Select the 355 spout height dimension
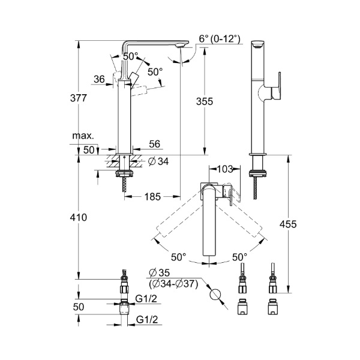205,101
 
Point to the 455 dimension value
288,224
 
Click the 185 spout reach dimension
153,196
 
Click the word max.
82,136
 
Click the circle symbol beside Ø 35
215,295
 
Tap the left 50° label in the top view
178,257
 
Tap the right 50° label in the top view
239,257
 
